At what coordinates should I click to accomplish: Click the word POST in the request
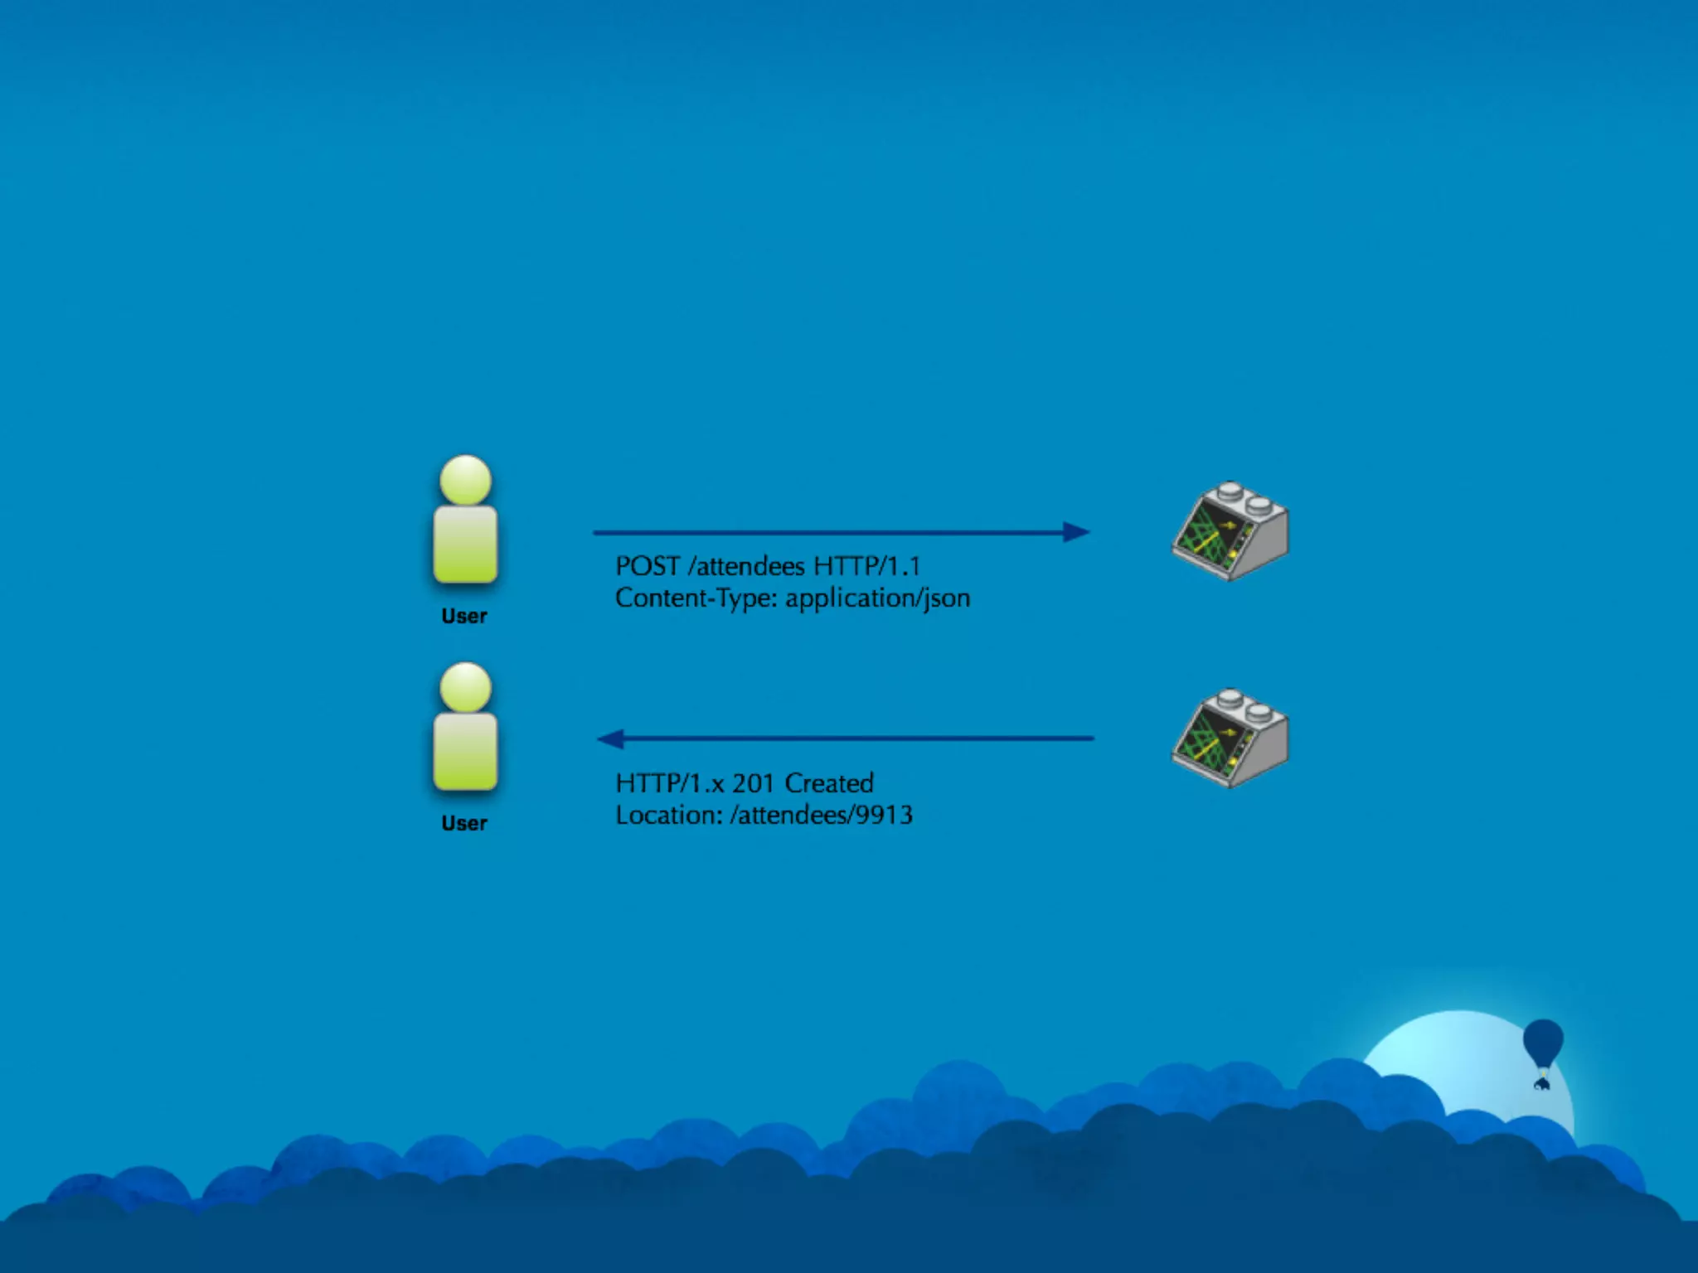(647, 566)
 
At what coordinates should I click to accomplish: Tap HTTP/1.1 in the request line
(866, 566)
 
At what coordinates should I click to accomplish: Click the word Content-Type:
(696, 598)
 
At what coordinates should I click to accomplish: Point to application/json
(877, 598)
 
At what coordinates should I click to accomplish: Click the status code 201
(753, 783)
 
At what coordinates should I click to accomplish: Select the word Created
(829, 783)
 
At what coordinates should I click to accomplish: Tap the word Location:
(668, 816)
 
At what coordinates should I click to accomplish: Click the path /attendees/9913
(821, 816)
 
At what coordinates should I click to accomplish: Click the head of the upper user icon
(465, 479)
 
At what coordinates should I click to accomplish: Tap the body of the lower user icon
(465, 751)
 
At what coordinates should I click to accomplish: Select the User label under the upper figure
(464, 617)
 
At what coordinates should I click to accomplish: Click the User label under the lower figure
(464, 824)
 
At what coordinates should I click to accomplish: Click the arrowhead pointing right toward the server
(1076, 532)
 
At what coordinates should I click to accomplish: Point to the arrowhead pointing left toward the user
(611, 738)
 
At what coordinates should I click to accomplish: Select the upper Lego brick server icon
(1230, 531)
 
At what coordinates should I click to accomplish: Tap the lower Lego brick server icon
(1230, 738)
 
